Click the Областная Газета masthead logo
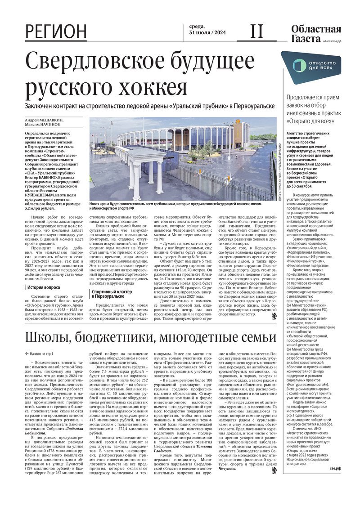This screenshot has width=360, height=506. point(315,34)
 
